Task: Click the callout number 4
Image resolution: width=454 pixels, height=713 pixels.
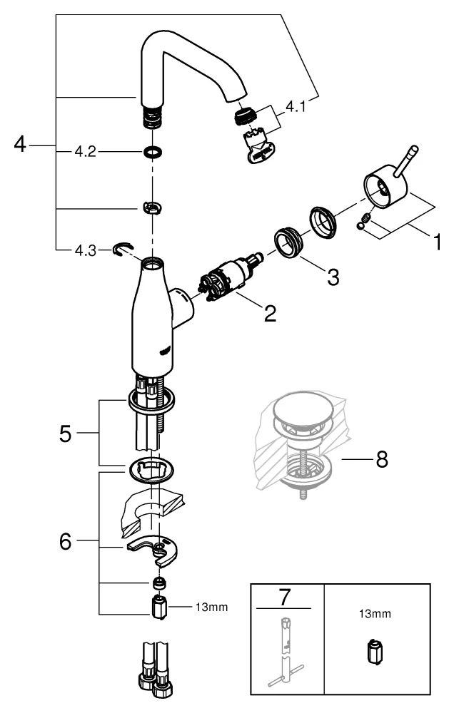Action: pyautogui.click(x=19, y=145)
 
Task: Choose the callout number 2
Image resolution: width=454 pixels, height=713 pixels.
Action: pyautogui.click(x=269, y=312)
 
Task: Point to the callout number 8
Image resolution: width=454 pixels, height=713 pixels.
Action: pyautogui.click(x=382, y=460)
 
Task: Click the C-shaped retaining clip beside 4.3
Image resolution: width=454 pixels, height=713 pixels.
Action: pyautogui.click(x=123, y=249)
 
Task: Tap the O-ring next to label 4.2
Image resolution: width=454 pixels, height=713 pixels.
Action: pyautogui.click(x=151, y=152)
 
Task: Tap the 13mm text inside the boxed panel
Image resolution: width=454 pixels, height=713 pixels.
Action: pyautogui.click(x=376, y=612)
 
